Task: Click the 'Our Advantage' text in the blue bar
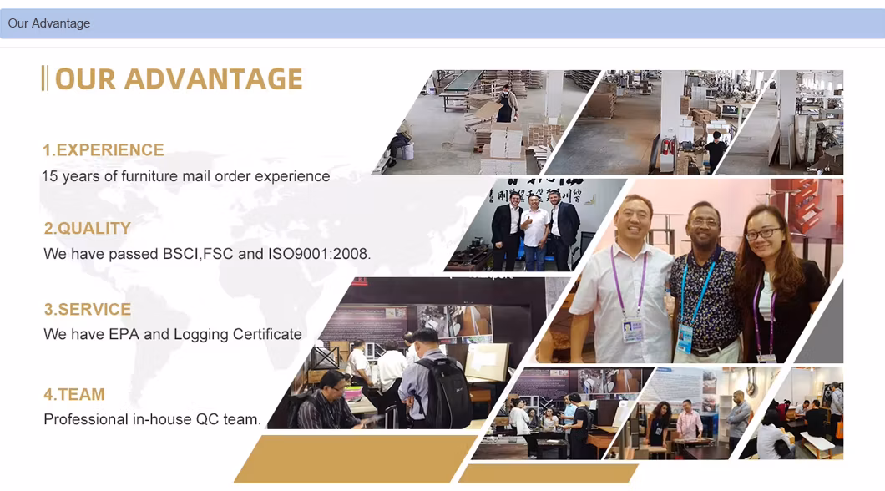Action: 49,23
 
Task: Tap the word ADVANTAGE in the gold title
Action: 214,78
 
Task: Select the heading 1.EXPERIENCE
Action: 104,149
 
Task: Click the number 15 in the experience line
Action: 49,176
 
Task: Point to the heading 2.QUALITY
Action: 88,228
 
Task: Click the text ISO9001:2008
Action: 319,253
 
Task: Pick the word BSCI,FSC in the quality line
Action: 198,253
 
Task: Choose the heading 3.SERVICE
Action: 88,309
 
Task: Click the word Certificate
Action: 267,334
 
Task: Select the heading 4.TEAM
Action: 74,394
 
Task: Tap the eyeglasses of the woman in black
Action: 763,233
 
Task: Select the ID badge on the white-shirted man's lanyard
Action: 633,330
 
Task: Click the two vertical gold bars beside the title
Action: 44,78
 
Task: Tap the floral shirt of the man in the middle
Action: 704,299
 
